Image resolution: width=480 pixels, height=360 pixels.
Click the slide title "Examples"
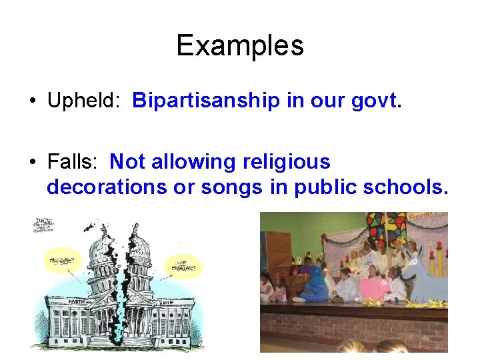click(x=239, y=46)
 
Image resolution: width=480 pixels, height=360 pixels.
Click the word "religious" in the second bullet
click(x=287, y=162)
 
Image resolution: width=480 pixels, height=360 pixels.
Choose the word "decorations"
click(x=107, y=187)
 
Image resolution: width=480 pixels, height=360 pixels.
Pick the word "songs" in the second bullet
click(x=231, y=187)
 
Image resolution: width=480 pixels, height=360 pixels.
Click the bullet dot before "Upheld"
click(x=32, y=101)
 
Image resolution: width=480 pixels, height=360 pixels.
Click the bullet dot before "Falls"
click(x=32, y=163)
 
